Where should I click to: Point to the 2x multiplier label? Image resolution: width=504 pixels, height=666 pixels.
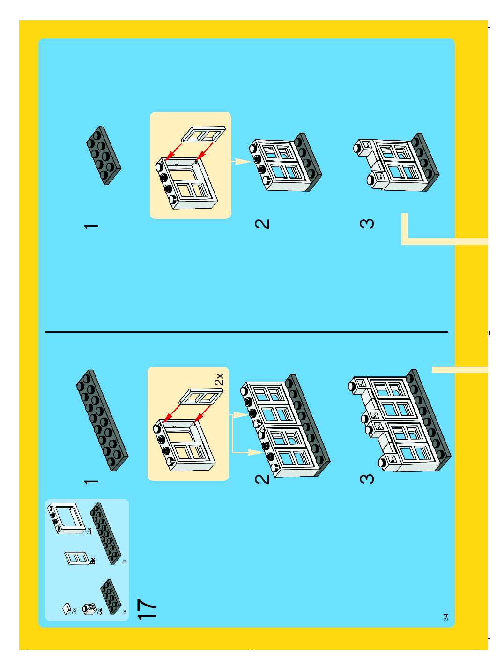(x=220, y=379)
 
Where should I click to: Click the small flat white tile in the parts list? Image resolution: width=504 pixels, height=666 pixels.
(x=67, y=608)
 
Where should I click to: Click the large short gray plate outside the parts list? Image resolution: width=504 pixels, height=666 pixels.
(x=104, y=155)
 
